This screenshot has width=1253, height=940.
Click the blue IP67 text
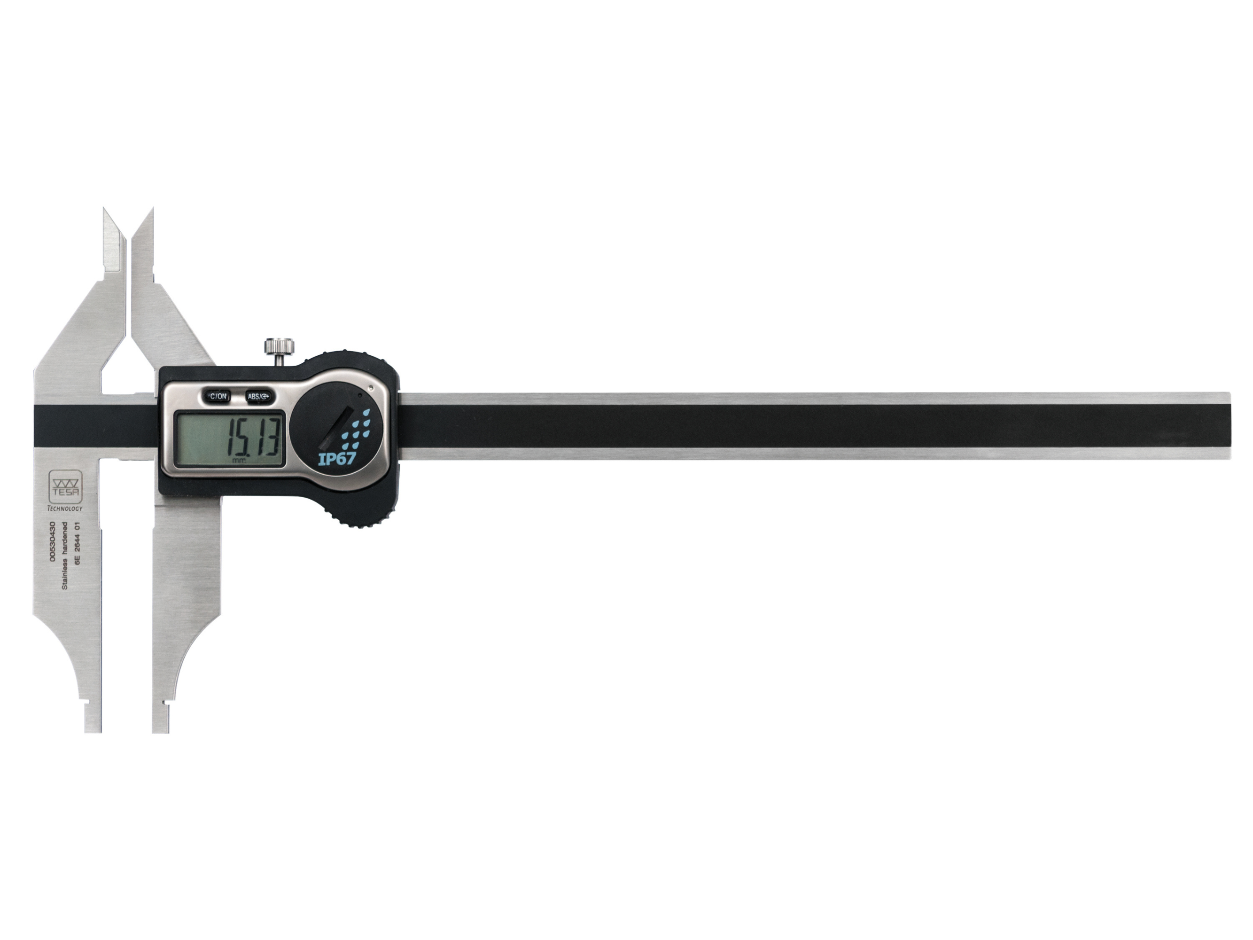[336, 458]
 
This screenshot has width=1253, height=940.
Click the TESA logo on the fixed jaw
[66, 486]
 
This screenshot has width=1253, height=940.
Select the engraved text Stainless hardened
[65, 555]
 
